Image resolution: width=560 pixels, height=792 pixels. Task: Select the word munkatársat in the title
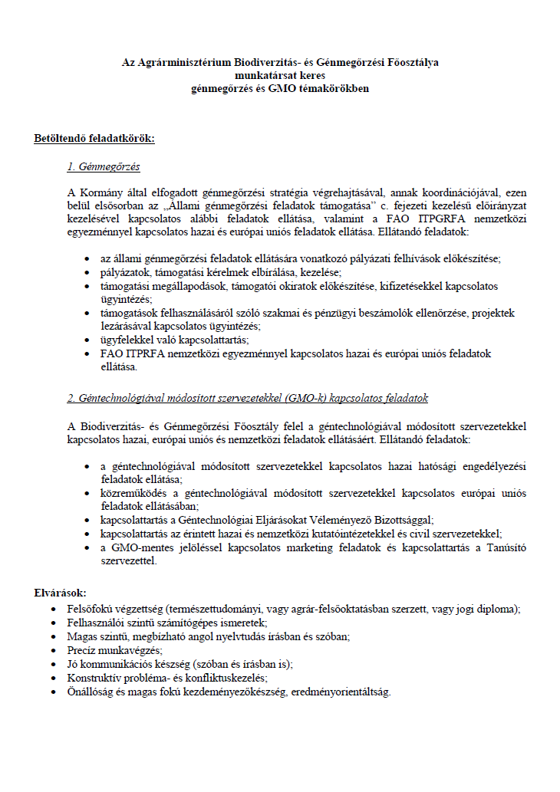[260, 75]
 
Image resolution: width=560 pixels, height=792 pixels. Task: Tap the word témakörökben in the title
[333, 88]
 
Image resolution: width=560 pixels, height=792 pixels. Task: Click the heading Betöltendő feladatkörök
[94, 139]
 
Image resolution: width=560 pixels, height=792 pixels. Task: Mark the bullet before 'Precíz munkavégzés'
[51, 650]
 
